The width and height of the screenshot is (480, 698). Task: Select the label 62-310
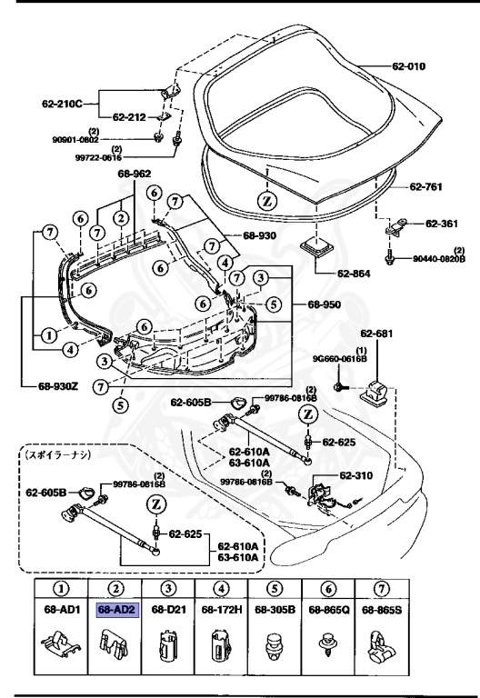[x=357, y=474]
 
